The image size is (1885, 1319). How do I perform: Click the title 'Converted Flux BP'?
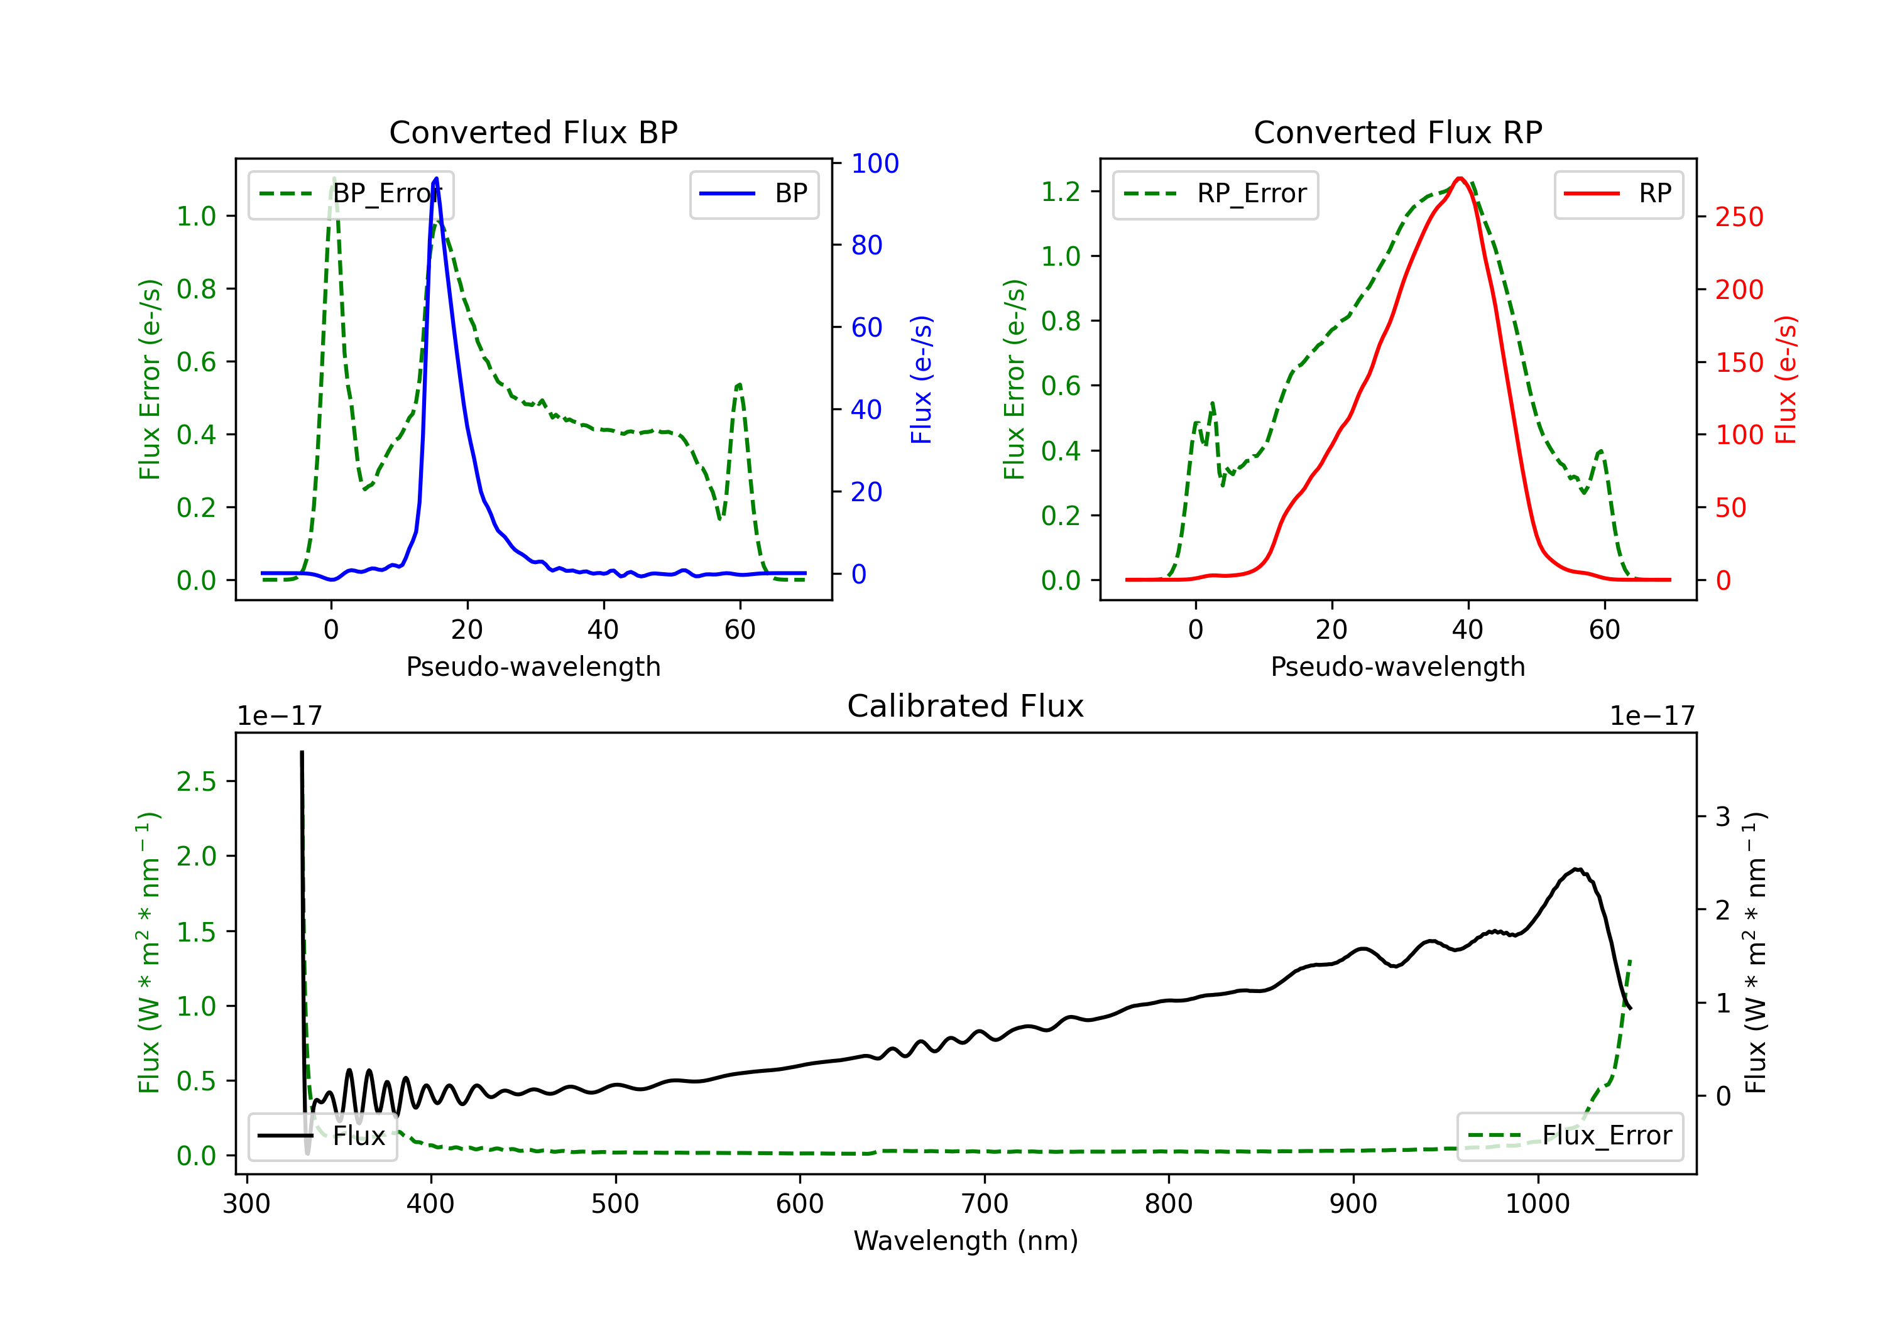pyautogui.click(x=533, y=132)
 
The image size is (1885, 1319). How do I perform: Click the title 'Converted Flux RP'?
pyautogui.click(x=1397, y=132)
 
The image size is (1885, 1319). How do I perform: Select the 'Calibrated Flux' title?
pyautogui.click(x=966, y=706)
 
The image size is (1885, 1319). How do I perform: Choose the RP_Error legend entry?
pyautogui.click(x=1215, y=193)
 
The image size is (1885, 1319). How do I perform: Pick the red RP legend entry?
pyautogui.click(x=1618, y=193)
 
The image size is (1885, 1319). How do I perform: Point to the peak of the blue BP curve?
pyautogui.click(x=436, y=178)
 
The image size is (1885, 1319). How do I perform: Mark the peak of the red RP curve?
pyautogui.click(x=1460, y=178)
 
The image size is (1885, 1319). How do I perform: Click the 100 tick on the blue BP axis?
pyautogui.click(x=875, y=163)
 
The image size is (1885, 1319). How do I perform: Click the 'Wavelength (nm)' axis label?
pyautogui.click(x=966, y=1241)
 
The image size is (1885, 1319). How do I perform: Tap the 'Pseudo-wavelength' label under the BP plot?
pyautogui.click(x=533, y=666)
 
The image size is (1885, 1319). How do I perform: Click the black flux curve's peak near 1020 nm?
pyautogui.click(x=1576, y=869)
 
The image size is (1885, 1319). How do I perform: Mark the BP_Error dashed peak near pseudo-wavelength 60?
pyautogui.click(x=739, y=384)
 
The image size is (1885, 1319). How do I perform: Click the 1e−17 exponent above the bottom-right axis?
pyautogui.click(x=1652, y=716)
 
